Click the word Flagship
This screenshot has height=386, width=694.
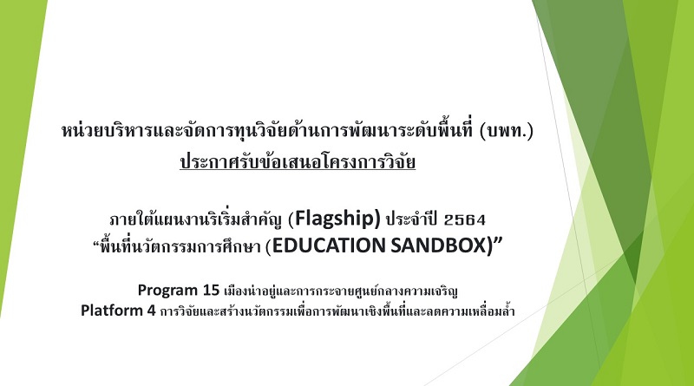(x=337, y=219)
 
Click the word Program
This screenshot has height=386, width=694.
(x=167, y=291)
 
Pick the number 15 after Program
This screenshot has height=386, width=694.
(x=211, y=290)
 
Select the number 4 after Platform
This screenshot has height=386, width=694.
(x=151, y=311)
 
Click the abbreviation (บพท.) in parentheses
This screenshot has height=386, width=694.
(x=507, y=132)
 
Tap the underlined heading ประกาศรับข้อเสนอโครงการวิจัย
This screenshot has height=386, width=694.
(x=298, y=161)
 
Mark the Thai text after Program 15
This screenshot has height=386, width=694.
(x=341, y=291)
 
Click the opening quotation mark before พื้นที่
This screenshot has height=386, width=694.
(x=96, y=243)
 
